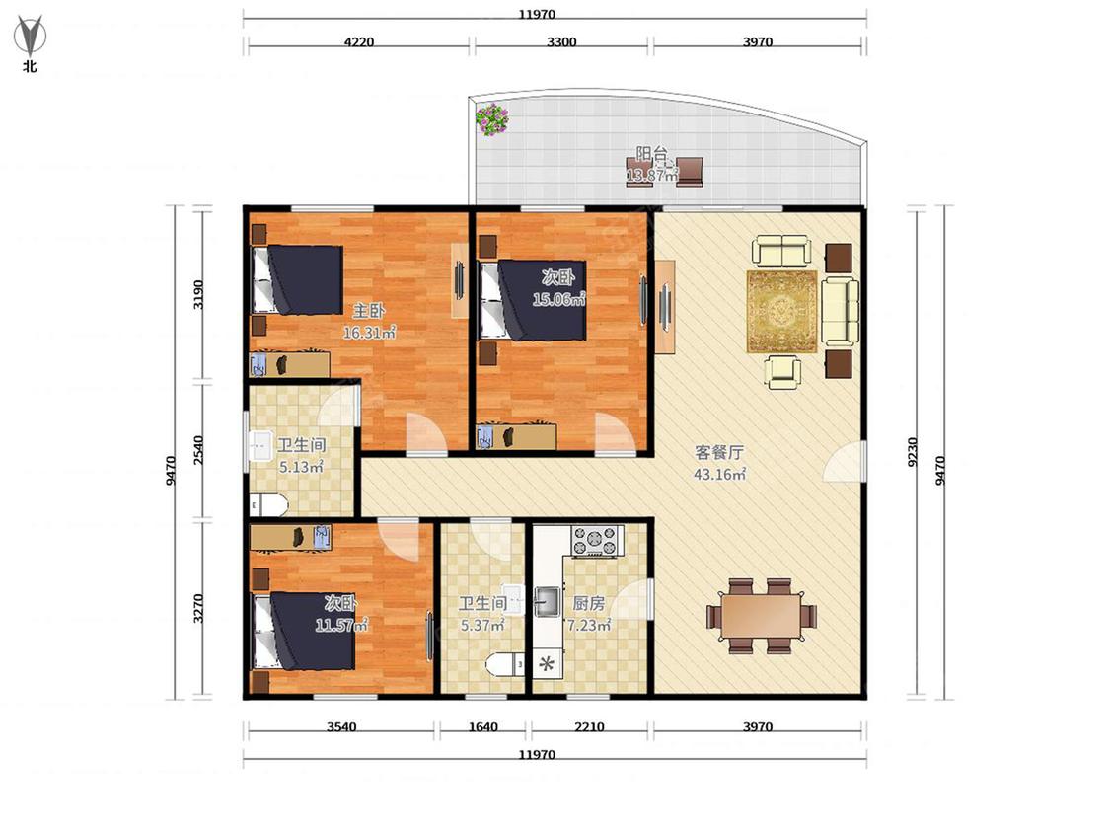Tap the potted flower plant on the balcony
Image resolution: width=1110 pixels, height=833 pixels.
pyautogui.click(x=491, y=119)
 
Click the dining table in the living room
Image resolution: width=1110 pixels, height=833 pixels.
pyautogui.click(x=761, y=616)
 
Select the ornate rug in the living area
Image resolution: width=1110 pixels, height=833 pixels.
pyautogui.click(x=781, y=312)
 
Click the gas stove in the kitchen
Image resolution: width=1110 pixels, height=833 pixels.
pyautogui.click(x=596, y=541)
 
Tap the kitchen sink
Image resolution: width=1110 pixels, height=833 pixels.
pyautogui.click(x=547, y=602)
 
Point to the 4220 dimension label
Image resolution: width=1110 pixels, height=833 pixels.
pyautogui.click(x=359, y=41)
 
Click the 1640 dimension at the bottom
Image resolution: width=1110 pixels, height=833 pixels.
pyautogui.click(x=482, y=726)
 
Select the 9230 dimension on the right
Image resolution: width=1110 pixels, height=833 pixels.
pyautogui.click(x=913, y=452)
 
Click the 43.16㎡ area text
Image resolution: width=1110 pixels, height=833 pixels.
pyautogui.click(x=719, y=475)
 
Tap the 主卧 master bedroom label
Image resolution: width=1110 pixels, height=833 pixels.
pyautogui.click(x=369, y=310)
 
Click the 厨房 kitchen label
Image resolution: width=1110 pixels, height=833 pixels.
pyautogui.click(x=588, y=603)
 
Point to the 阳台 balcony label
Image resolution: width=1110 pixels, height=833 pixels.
pyautogui.click(x=651, y=154)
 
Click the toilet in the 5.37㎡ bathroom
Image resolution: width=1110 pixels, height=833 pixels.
pyautogui.click(x=504, y=664)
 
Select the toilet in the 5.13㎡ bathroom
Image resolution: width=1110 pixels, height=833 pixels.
pyautogui.click(x=269, y=505)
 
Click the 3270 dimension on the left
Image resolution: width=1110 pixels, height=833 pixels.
pyautogui.click(x=199, y=608)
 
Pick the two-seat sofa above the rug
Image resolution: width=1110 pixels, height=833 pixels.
pyautogui.click(x=780, y=252)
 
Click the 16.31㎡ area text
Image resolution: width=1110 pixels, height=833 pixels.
pyautogui.click(x=369, y=333)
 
